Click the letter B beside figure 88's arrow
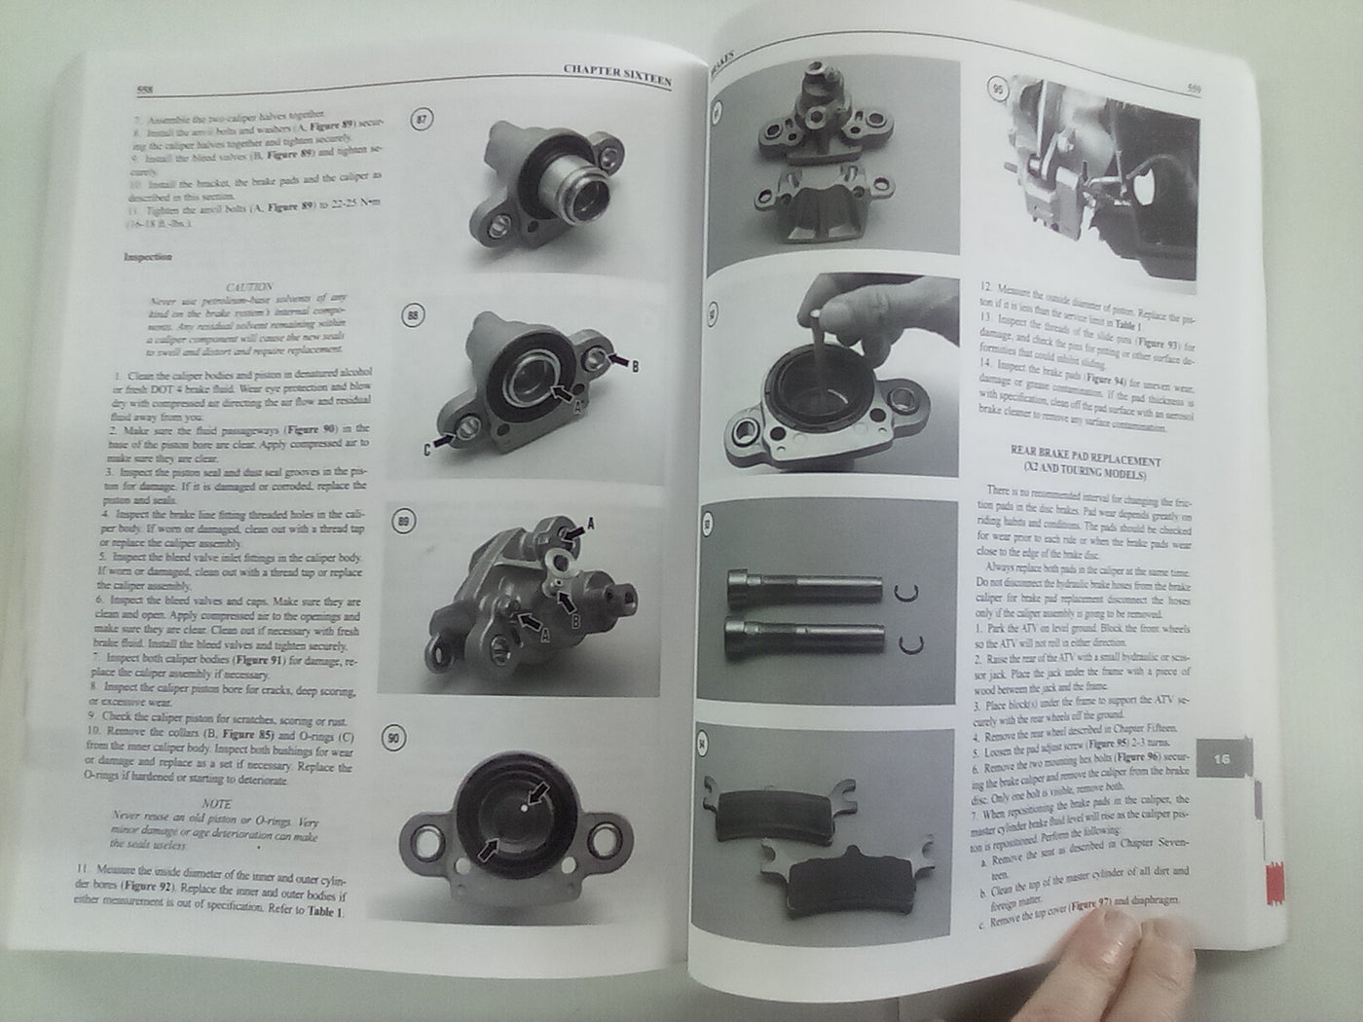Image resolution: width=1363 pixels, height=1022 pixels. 636,368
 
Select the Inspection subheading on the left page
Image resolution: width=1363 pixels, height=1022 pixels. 149,258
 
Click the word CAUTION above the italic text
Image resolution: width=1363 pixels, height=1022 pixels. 250,288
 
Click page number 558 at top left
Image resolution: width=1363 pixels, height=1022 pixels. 143,90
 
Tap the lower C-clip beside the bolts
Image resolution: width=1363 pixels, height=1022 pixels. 912,641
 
